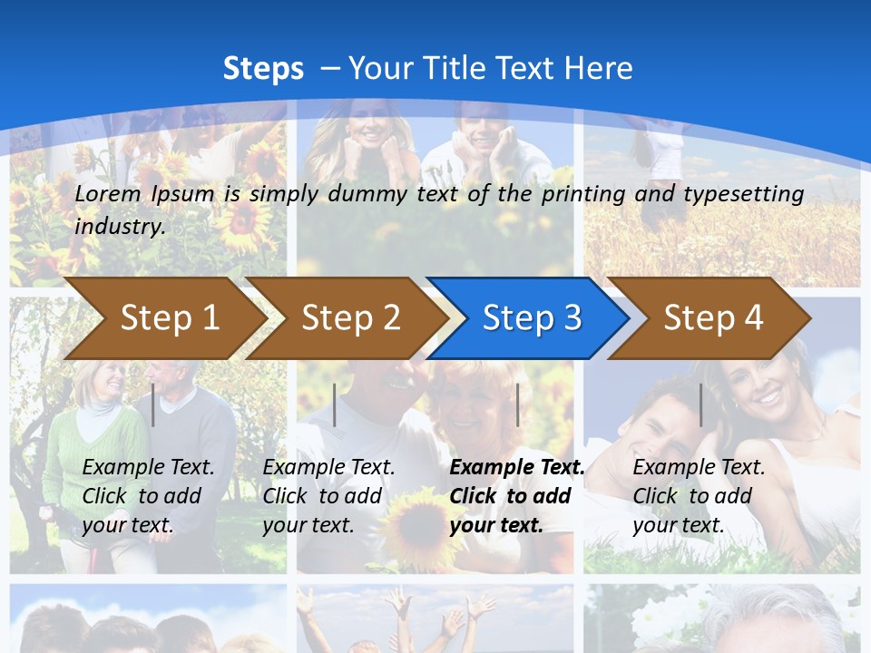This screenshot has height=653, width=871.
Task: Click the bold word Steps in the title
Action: [263, 68]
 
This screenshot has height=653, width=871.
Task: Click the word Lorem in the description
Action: [108, 193]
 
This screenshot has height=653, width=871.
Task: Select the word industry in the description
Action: [119, 226]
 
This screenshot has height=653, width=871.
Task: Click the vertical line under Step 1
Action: [153, 404]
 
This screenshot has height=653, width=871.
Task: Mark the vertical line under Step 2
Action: [335, 404]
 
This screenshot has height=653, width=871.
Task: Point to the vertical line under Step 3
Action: [517, 404]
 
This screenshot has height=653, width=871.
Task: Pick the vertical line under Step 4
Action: [700, 404]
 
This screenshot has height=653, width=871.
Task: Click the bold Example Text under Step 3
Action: [517, 468]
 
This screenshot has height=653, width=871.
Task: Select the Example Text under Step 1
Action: [149, 468]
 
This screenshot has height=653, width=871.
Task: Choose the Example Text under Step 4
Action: [699, 468]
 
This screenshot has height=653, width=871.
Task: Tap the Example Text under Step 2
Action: [328, 468]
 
